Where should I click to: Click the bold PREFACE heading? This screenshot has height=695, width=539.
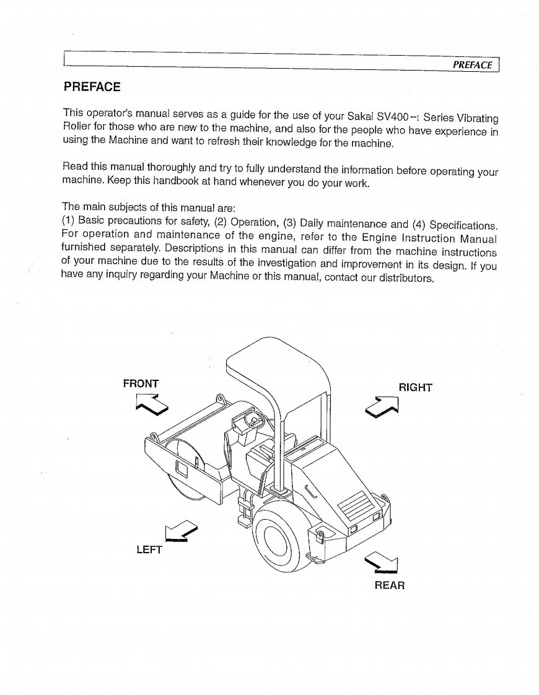[x=92, y=86]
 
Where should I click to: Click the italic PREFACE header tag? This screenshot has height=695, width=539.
[x=473, y=64]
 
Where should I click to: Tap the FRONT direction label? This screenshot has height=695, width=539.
[x=141, y=383]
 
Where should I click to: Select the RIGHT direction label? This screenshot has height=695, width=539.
[x=415, y=388]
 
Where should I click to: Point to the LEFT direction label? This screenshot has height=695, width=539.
[x=149, y=549]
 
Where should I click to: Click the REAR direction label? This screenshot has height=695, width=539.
[x=390, y=585]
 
